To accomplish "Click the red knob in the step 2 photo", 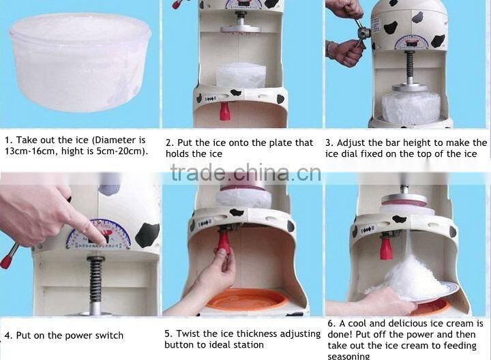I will pyautogui.click(x=225, y=110).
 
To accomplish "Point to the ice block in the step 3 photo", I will pyautogui.click(x=411, y=108).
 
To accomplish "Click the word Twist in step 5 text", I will pyautogui.click(x=190, y=333).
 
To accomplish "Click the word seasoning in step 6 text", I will pyautogui.click(x=348, y=356).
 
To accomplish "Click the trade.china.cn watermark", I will pyautogui.click(x=245, y=173).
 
